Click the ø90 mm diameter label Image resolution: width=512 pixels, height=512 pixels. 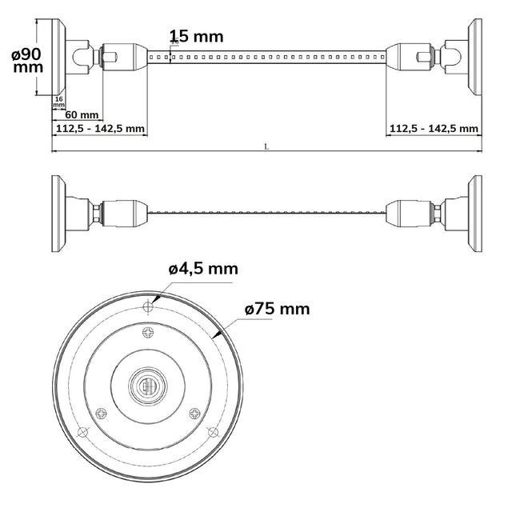click(x=28, y=60)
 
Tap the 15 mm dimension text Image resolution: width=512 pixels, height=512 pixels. click(x=197, y=36)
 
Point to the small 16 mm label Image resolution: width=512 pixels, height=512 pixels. click(x=58, y=102)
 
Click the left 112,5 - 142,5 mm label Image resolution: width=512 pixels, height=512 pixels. click(x=100, y=128)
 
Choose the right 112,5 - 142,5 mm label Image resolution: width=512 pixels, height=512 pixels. click(x=434, y=128)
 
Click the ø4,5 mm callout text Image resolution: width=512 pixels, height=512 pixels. click(x=203, y=269)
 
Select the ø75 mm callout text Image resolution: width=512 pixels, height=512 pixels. click(x=277, y=308)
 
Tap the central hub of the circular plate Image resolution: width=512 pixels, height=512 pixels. click(x=147, y=387)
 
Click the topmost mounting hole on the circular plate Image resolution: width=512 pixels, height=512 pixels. click(x=147, y=307)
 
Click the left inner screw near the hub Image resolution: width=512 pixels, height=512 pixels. click(x=101, y=413)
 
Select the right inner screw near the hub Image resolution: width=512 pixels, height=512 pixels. click(x=194, y=413)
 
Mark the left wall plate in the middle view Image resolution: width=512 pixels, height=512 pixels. click(x=58, y=214)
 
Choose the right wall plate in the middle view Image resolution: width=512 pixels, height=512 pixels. click(x=475, y=214)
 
